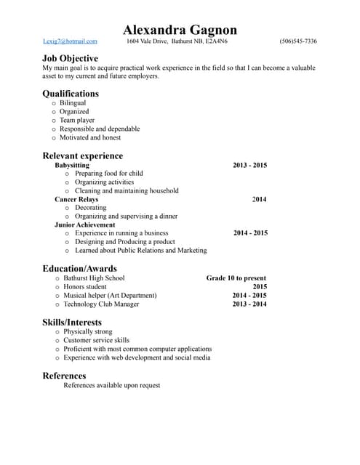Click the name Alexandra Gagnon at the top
(x=180, y=30)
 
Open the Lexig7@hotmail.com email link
(x=70, y=41)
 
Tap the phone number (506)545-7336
(x=298, y=41)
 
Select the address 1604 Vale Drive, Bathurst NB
(x=177, y=41)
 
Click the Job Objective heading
(x=71, y=58)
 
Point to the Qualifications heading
(x=71, y=93)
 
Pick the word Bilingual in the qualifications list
(x=73, y=103)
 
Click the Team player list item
(x=77, y=121)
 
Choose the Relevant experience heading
(x=83, y=155)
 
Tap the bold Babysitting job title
(x=72, y=165)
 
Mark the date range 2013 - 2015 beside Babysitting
(x=250, y=165)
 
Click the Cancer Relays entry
(x=76, y=199)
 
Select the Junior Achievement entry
(x=84, y=225)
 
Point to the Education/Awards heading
(x=79, y=268)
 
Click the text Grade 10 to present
(x=236, y=278)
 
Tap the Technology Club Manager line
(x=103, y=304)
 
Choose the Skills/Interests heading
(x=72, y=322)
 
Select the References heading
(x=65, y=376)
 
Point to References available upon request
(x=112, y=385)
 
